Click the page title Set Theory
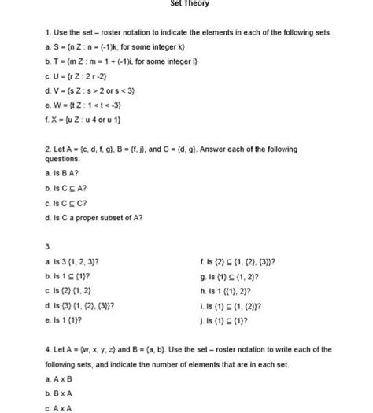190,4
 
